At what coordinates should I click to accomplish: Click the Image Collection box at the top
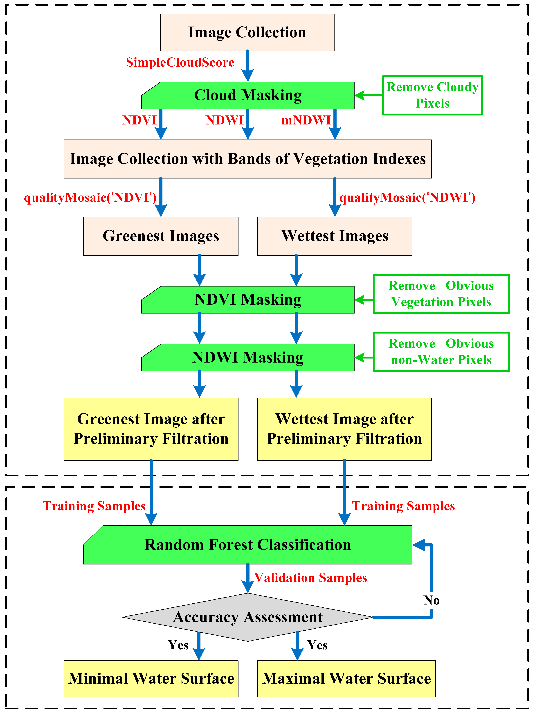point(247,32)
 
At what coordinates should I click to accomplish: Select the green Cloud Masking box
point(248,95)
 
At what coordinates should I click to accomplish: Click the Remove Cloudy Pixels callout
point(432,95)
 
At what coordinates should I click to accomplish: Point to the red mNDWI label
point(306,120)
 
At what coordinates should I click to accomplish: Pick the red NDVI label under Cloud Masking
point(139,120)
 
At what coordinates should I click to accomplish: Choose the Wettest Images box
point(335,236)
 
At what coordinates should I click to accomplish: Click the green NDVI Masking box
point(248,300)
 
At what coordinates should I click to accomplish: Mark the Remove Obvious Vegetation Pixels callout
point(441,294)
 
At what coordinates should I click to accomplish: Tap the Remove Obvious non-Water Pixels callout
point(441,352)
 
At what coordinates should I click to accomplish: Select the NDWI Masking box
point(248,358)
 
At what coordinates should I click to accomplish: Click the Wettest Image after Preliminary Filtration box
point(344,429)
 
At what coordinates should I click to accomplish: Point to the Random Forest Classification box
point(248,545)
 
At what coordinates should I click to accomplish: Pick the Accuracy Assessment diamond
point(248,617)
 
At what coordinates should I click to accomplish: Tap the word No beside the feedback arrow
point(432,600)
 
